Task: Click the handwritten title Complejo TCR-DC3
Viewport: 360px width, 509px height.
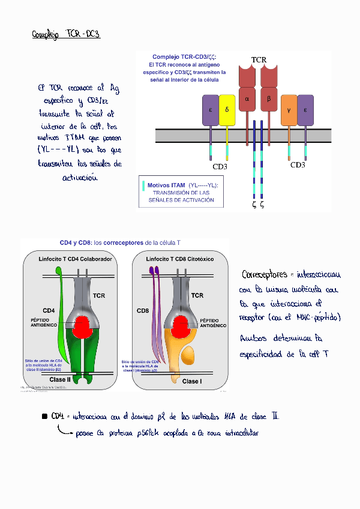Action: click(66, 35)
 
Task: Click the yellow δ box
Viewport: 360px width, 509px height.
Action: click(227, 110)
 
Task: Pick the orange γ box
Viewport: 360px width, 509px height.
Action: click(289, 110)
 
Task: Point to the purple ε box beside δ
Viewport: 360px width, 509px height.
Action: click(211, 110)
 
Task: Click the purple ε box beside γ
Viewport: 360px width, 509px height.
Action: click(305, 110)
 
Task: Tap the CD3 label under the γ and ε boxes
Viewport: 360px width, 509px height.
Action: click(298, 164)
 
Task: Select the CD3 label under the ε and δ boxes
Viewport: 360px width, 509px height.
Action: click(220, 166)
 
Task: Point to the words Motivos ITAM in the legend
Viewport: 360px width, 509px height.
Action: click(166, 185)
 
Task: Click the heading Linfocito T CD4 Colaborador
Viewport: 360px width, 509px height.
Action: click(75, 259)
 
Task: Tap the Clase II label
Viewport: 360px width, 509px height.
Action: click(60, 380)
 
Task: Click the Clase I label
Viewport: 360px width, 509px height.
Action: click(191, 381)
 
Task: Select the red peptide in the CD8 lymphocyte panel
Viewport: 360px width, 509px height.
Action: click(181, 327)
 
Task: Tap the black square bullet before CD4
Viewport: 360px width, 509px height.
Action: click(44, 416)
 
